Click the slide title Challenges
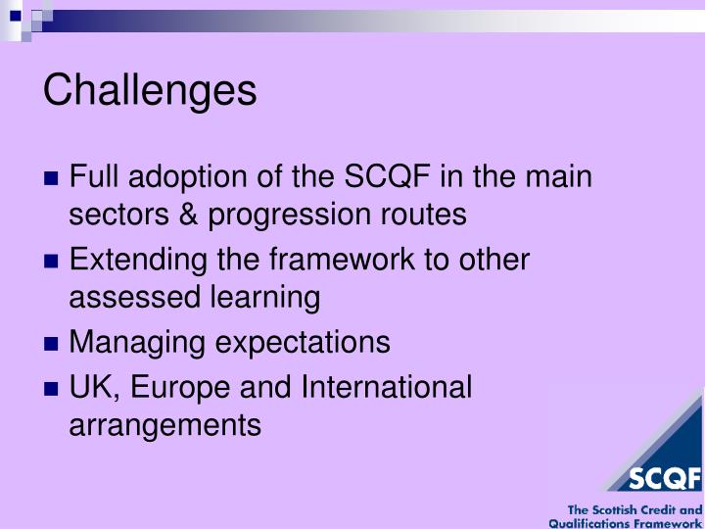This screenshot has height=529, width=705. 150,90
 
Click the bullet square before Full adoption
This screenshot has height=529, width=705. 53,180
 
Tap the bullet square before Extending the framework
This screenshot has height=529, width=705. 53,263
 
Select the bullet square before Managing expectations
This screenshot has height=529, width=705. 53,344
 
